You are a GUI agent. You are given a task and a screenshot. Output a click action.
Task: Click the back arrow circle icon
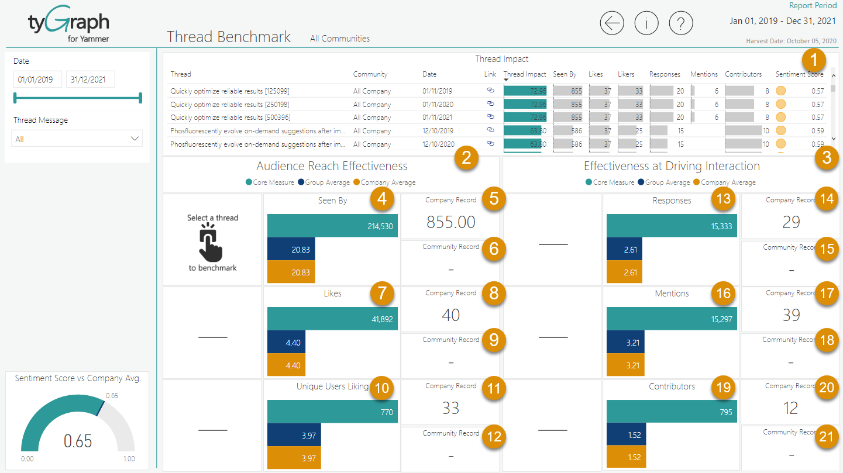click(x=612, y=23)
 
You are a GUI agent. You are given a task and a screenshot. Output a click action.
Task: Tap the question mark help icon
click(x=681, y=23)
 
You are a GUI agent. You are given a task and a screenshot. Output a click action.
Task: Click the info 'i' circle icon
click(x=646, y=23)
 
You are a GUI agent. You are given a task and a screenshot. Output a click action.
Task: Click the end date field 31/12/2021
click(x=90, y=80)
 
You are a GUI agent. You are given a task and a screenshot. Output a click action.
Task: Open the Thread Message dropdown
click(x=77, y=139)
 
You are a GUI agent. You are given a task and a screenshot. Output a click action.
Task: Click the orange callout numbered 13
click(x=724, y=199)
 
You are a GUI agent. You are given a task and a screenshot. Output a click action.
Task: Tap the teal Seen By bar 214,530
click(x=332, y=226)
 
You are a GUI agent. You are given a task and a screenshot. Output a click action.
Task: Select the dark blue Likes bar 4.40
click(x=286, y=343)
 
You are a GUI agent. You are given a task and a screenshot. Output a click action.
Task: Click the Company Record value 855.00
click(x=450, y=222)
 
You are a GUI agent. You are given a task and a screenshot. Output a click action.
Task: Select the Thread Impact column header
click(x=524, y=74)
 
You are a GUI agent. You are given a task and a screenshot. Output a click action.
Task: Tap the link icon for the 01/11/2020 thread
click(x=490, y=104)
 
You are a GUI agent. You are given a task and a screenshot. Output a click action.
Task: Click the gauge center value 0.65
click(x=78, y=441)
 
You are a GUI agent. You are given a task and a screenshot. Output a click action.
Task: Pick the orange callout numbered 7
click(x=381, y=292)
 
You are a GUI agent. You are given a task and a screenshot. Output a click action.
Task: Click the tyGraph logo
click(x=68, y=26)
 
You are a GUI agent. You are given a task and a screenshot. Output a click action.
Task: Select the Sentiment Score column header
click(x=799, y=74)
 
